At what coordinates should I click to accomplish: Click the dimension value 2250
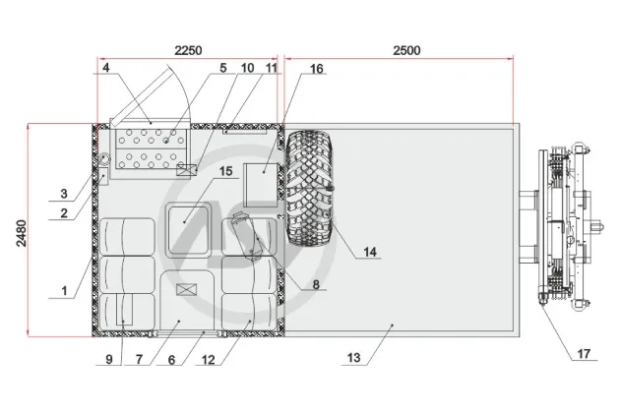pyautogui.click(x=188, y=50)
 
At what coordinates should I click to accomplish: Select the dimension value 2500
pyautogui.click(x=406, y=50)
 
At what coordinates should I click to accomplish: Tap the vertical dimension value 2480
pyautogui.click(x=22, y=233)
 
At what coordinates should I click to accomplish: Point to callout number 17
pyautogui.click(x=584, y=353)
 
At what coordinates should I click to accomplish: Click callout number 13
pyautogui.click(x=354, y=358)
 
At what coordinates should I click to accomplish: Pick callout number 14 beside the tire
pyautogui.click(x=370, y=252)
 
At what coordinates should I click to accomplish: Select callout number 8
pyautogui.click(x=316, y=284)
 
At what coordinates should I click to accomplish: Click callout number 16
pyautogui.click(x=316, y=69)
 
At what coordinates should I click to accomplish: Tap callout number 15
pyautogui.click(x=225, y=171)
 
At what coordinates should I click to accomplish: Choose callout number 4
pyautogui.click(x=106, y=68)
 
